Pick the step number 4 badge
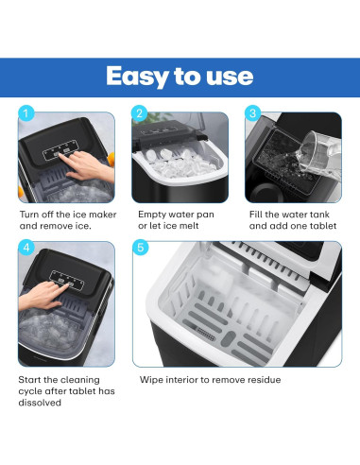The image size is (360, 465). (27, 249)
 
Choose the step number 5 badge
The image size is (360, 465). (140, 249)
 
